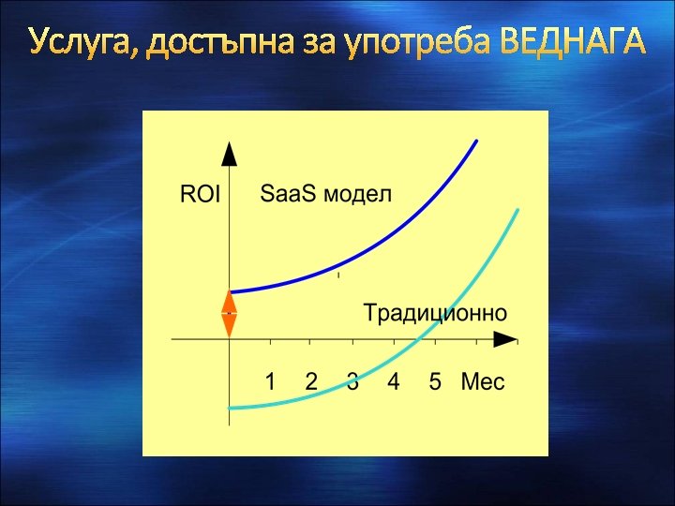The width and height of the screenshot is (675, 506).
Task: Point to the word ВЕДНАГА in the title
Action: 573,42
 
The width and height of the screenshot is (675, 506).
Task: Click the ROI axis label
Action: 199,195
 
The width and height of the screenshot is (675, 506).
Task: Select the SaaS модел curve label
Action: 325,194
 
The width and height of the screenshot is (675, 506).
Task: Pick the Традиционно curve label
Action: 435,312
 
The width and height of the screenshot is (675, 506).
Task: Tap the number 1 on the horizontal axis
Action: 270,382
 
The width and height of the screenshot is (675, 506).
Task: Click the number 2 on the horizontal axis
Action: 311,382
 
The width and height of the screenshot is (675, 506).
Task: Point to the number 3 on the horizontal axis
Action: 352,382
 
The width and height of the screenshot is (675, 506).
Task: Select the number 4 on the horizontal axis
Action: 394,382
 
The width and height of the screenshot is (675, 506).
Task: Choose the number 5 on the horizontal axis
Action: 435,382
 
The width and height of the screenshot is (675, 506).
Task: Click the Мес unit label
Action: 483,382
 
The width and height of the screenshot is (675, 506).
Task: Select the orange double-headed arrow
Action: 229,314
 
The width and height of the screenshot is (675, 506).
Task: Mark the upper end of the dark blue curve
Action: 476,141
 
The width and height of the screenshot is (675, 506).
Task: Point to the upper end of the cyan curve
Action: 517,212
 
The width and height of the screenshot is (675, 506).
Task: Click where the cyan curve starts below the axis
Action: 231,408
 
